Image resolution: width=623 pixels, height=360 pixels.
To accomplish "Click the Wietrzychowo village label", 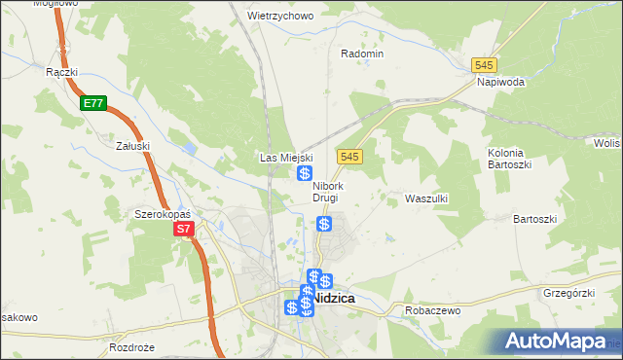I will (x=280, y=17).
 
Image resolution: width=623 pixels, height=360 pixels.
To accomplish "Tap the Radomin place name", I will (x=362, y=54).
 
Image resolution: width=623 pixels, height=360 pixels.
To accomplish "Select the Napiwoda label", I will (x=501, y=83).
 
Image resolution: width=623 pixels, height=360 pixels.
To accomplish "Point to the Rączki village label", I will (x=61, y=72).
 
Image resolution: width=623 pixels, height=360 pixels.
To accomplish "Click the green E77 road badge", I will (x=92, y=102).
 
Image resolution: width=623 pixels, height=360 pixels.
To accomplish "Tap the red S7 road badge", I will (x=185, y=230).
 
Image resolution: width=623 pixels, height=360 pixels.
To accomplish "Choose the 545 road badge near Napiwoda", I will (x=484, y=64).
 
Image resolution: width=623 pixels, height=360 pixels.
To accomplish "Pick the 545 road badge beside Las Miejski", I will (x=351, y=157).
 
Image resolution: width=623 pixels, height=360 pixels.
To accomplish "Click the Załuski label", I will (x=131, y=146).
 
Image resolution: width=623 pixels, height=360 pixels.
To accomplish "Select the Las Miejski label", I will (x=285, y=157).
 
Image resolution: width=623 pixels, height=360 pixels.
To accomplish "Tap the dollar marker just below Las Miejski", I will (x=305, y=173).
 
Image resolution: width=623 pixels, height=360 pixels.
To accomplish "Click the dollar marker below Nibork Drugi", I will (x=324, y=224).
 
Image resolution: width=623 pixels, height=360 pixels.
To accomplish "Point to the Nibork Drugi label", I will (x=326, y=192).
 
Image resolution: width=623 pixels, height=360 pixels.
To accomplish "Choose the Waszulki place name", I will (x=425, y=198).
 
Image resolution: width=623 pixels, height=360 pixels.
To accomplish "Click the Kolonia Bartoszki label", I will (x=506, y=159).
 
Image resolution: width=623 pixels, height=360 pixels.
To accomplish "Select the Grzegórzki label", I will (x=569, y=291).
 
